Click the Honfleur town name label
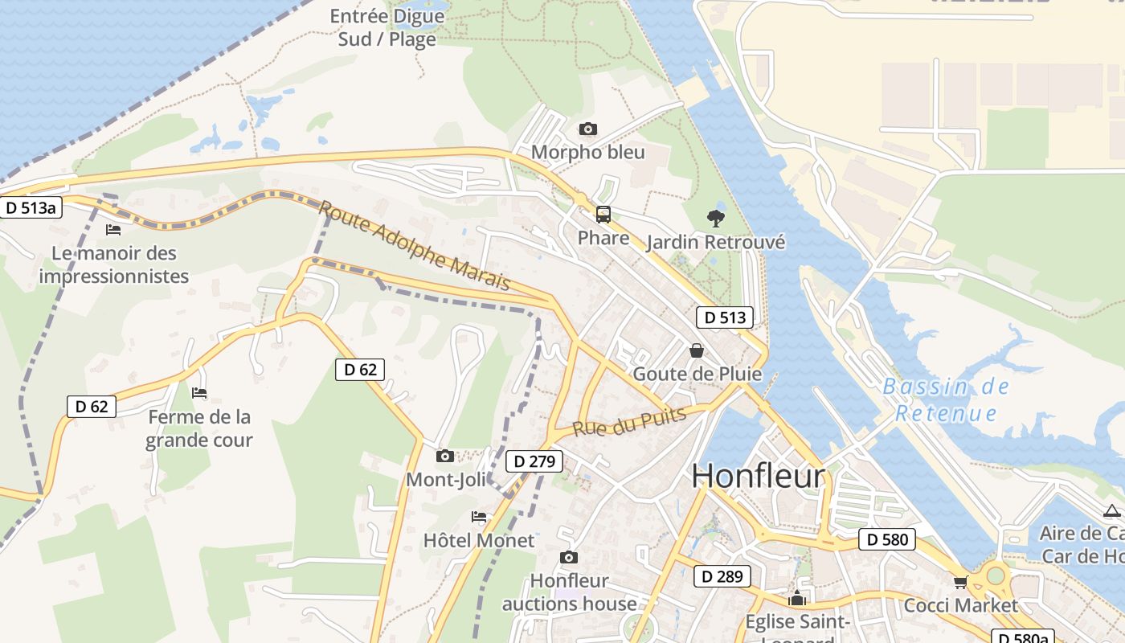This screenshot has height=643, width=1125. point(758,477)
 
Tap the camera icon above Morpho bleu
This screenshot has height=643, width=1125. point(588,129)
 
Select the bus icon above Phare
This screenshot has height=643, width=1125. point(603,215)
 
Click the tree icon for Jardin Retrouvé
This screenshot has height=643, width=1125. point(714,218)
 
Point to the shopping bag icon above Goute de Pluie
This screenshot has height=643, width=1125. point(697,350)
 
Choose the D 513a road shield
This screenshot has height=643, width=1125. point(31,208)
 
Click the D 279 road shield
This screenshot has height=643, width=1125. point(534,461)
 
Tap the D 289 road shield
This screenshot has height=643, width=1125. point(722,576)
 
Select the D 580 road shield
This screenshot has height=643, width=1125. point(887,539)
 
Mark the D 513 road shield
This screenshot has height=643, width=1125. point(725,317)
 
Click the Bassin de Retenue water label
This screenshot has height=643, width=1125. point(946,399)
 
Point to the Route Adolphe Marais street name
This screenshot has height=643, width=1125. point(415,245)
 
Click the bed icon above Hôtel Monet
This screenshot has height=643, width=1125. point(479,516)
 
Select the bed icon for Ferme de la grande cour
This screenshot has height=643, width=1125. point(199,393)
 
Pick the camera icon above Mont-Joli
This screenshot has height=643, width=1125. point(444,457)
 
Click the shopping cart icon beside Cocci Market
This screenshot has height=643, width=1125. point(960,582)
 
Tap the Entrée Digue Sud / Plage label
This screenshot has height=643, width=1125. point(387,27)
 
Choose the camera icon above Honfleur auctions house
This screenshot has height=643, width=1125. point(569,558)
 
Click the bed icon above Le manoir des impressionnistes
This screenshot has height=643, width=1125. point(113,230)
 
